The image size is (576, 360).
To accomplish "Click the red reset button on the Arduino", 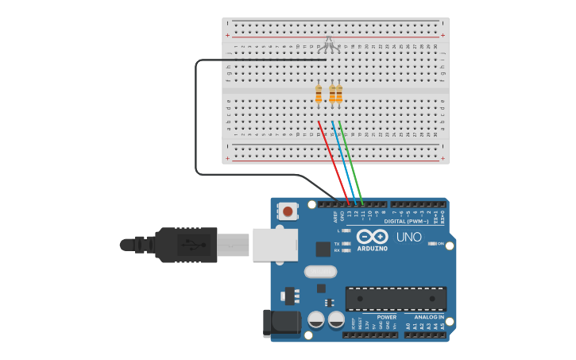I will pos(288,211).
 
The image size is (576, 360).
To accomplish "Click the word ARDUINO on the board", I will pos(372,249).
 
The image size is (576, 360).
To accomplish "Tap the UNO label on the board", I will pos(408,237).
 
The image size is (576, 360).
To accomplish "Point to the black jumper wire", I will pos(196,119).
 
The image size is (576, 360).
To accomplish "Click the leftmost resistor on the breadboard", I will pos(319,95).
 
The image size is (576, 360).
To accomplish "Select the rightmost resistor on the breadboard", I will pos(339,95).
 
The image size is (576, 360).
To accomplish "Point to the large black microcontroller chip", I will pos(396,299).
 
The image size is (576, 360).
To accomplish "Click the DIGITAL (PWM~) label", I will pos(408,221).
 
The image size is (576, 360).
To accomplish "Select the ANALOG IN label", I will pos(429,317).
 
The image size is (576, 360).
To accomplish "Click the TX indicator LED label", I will pos(336,243).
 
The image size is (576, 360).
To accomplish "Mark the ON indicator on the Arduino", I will pos(439,243).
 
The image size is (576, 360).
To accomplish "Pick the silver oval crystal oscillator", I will pos(321,271).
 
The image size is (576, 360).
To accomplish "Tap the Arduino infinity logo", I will pos(372,236).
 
